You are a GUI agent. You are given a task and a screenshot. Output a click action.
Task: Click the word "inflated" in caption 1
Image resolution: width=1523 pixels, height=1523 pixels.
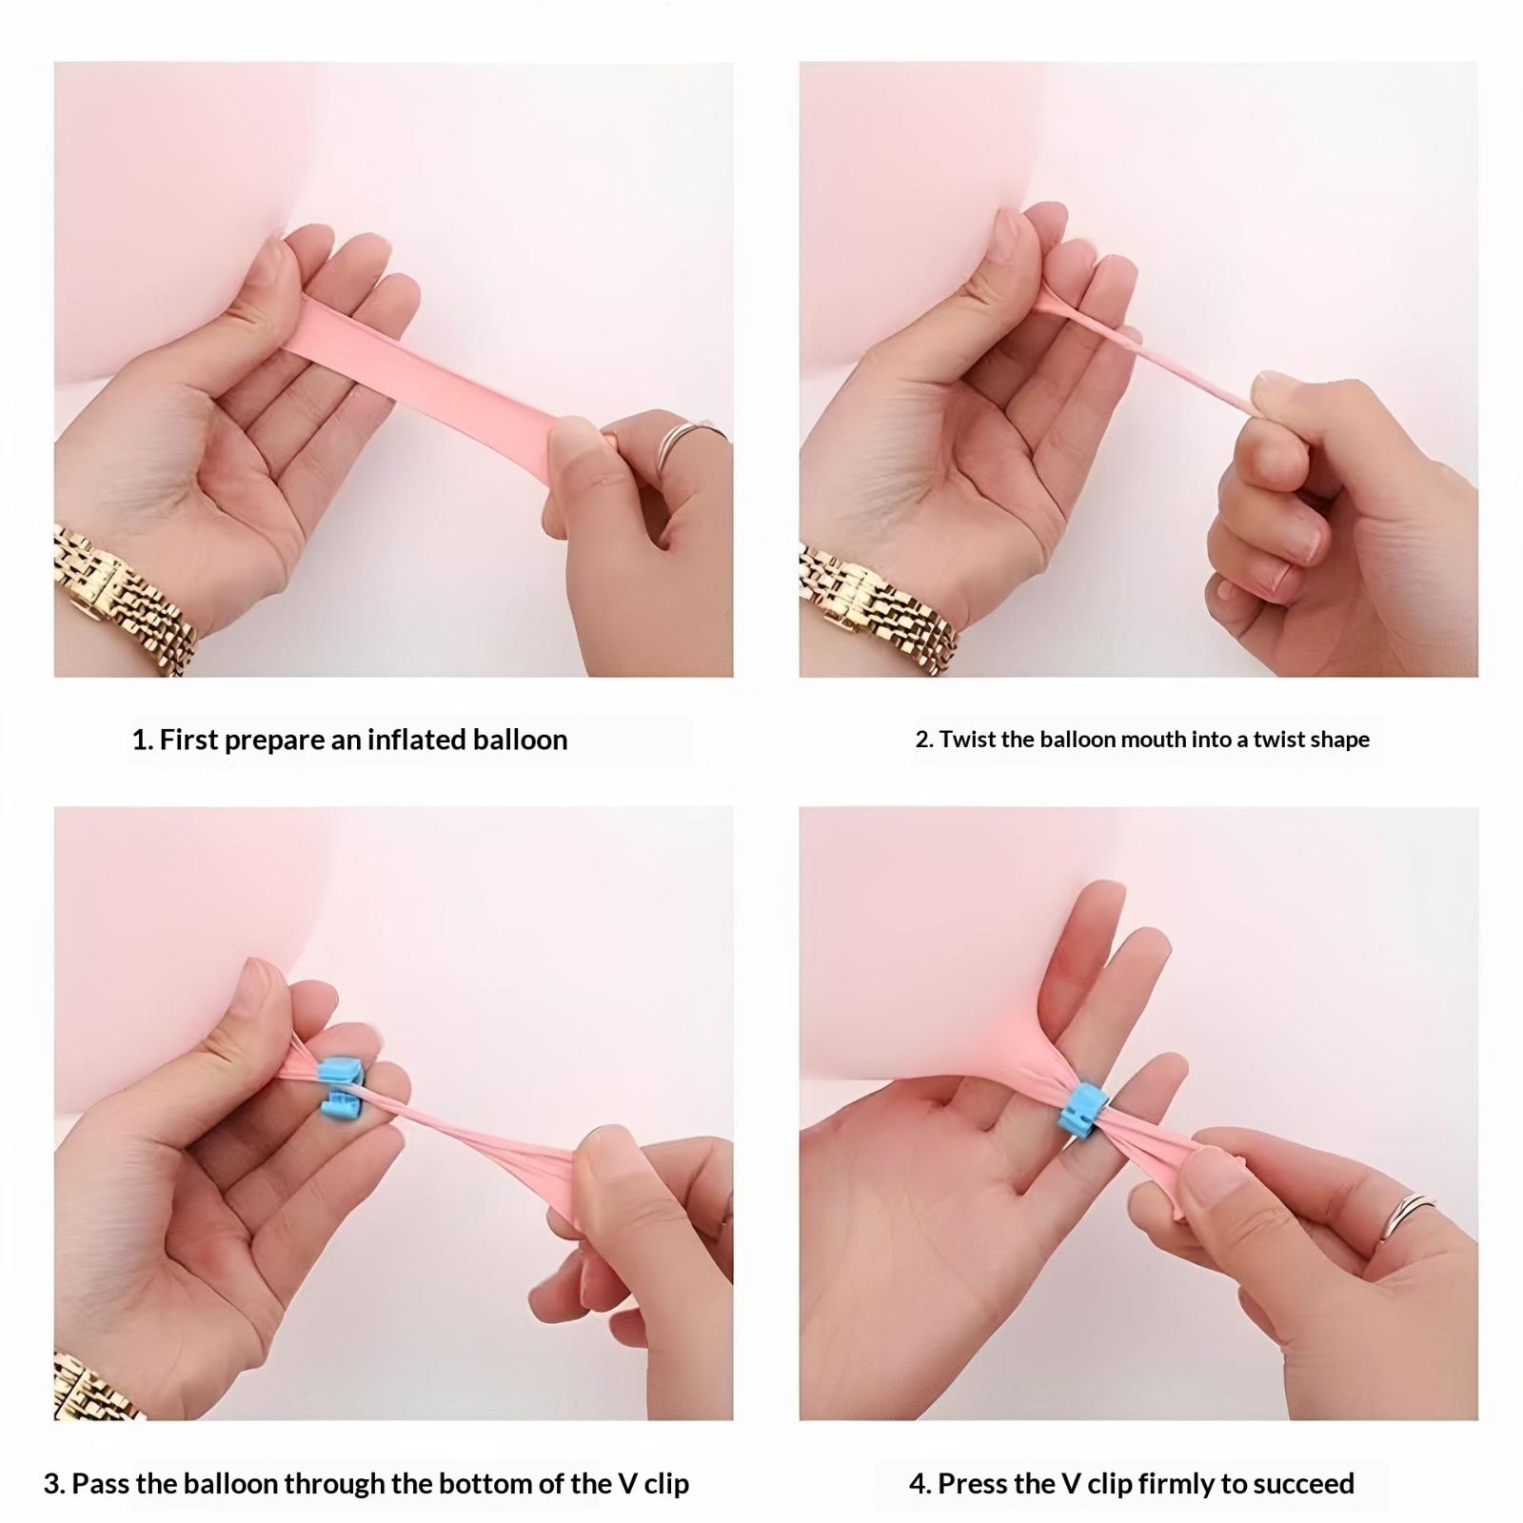415,740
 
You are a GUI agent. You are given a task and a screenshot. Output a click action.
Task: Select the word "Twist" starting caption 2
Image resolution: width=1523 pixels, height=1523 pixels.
965,740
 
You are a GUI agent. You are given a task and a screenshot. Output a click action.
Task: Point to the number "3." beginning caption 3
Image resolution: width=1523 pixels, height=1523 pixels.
54,1484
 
